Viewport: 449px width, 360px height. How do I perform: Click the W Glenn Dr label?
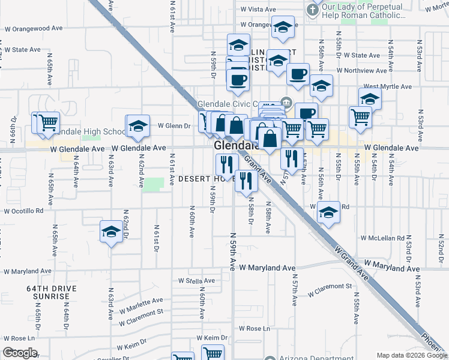[x=173, y=126]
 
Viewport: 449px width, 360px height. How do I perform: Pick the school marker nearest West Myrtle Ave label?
[x=370, y=98]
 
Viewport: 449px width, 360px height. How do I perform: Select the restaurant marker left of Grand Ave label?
[x=226, y=163]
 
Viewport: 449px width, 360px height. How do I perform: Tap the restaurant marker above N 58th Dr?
[x=245, y=181]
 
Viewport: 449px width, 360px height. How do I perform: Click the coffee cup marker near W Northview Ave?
[x=298, y=74]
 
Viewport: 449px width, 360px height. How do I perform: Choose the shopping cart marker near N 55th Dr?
[x=360, y=117]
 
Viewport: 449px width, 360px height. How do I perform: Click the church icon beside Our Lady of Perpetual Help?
[x=312, y=10]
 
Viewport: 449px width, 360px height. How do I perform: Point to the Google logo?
[x=20, y=353]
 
